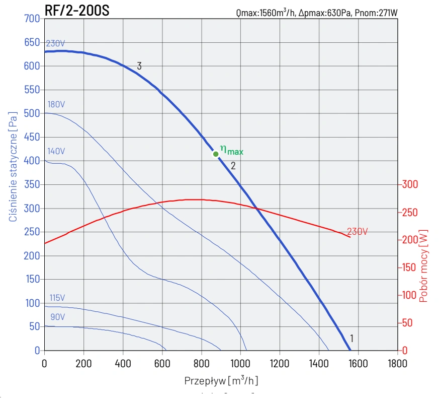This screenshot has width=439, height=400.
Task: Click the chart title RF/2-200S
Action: [76, 11]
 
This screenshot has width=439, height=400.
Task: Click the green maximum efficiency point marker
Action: [216, 154]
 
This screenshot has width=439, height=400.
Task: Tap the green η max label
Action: [232, 150]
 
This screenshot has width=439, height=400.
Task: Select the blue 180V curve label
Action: [56, 104]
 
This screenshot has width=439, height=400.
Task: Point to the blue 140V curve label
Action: [56, 151]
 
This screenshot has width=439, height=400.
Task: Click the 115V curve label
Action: [58, 298]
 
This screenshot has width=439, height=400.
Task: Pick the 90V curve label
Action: [57, 317]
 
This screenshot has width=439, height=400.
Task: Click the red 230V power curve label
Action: [357, 232]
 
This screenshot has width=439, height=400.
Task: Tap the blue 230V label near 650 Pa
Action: [55, 43]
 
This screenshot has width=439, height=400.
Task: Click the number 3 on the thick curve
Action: [139, 66]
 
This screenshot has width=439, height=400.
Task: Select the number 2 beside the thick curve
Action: [233, 165]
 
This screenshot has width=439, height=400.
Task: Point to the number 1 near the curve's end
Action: [352, 338]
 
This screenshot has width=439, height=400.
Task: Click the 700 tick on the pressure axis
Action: [32, 19]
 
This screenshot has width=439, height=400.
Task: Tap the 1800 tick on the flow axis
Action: [397, 362]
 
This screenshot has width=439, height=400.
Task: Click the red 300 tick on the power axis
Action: [410, 184]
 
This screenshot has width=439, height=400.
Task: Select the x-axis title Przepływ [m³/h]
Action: [221, 380]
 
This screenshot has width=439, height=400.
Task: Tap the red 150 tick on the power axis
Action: [410, 268]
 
